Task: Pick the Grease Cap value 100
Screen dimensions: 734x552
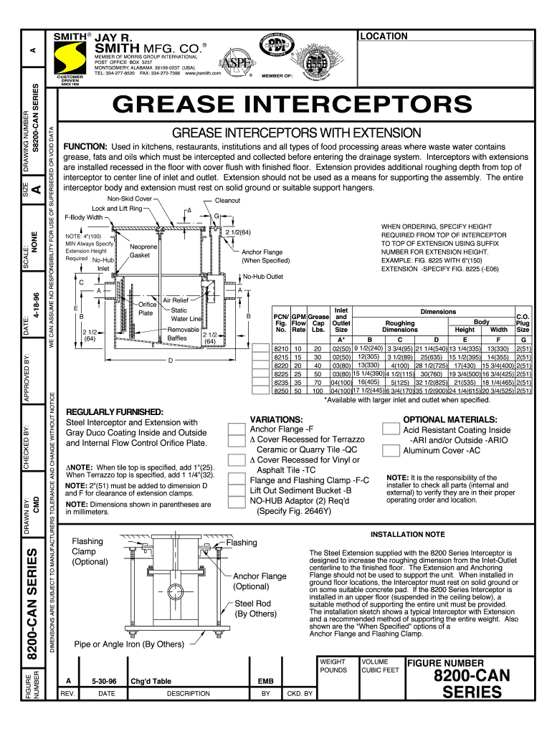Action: (317, 391)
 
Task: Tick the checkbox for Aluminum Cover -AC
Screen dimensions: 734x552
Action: (391, 451)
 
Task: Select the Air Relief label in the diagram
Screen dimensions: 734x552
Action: (176, 300)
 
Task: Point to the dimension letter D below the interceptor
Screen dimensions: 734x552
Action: (169, 361)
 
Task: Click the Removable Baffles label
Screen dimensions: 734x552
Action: (182, 334)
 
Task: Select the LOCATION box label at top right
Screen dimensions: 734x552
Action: (384, 37)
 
